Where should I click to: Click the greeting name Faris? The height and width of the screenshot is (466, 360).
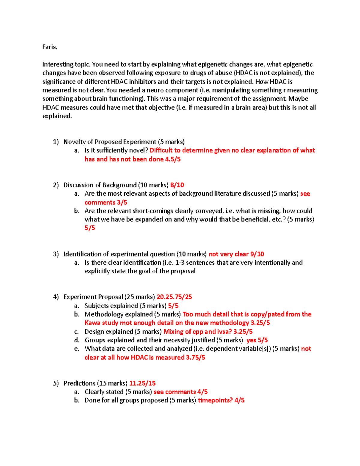[x=49, y=47]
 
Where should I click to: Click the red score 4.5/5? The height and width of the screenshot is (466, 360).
[x=173, y=159]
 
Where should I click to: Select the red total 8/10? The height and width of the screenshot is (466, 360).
[x=177, y=185]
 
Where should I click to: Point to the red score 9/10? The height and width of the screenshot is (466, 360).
[x=257, y=254]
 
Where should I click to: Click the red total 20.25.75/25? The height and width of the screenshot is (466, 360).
[x=174, y=297]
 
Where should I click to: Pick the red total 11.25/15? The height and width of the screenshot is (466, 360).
[x=142, y=383]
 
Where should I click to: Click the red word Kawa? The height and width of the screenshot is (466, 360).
[x=92, y=323]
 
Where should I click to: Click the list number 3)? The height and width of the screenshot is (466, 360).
[x=56, y=254]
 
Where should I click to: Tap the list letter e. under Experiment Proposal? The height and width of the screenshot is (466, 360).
[x=76, y=349]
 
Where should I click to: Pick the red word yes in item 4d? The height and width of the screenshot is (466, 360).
[x=251, y=340]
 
